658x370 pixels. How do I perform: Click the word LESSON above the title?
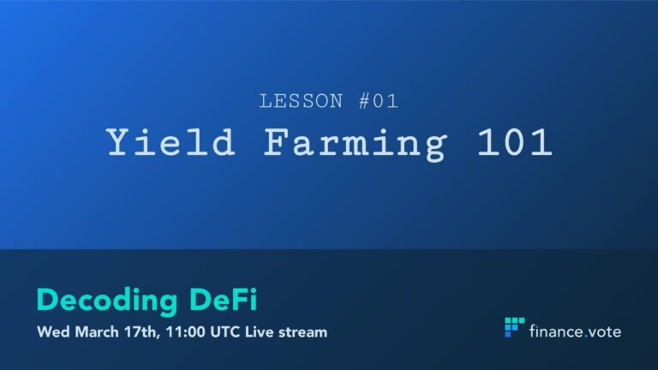[301, 101]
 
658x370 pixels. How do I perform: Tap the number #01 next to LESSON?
[379, 101]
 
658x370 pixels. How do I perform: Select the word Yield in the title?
[170, 142]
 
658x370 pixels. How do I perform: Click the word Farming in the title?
[355, 144]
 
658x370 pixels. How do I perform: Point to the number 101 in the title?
[514, 142]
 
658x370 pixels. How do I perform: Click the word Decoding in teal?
[107, 301]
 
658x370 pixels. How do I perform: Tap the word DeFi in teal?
[224, 299]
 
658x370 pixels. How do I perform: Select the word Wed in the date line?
[53, 332]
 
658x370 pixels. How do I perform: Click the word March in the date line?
[97, 332]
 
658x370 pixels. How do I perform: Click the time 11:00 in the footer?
[185, 332]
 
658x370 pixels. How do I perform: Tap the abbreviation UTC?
[225, 332]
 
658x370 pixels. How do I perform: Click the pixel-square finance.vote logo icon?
[514, 327]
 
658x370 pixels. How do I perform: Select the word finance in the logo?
[556, 331]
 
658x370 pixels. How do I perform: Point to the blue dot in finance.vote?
[586, 337]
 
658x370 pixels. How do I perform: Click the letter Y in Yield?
[120, 142]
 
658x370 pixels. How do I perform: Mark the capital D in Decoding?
[48, 300]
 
